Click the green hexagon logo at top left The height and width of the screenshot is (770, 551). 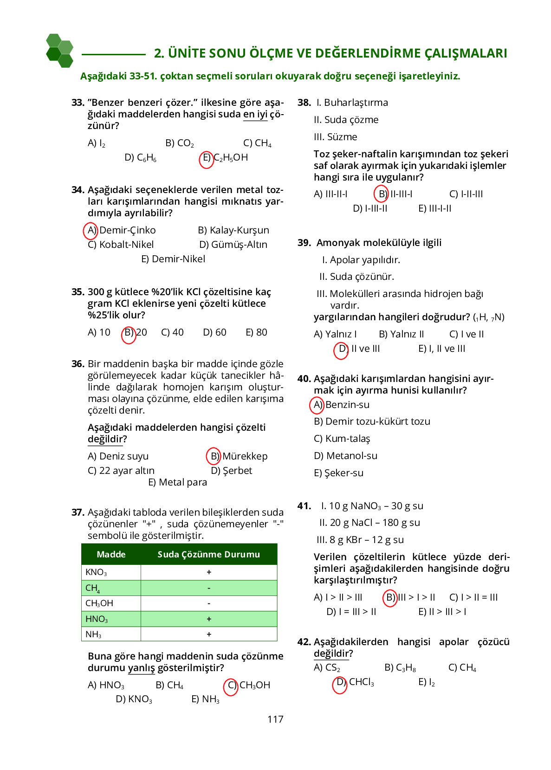point(60,51)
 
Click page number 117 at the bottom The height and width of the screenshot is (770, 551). point(275,719)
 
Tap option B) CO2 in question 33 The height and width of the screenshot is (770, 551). point(180,143)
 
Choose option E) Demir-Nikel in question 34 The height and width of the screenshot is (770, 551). point(173,259)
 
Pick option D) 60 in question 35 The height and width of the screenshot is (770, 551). point(214,332)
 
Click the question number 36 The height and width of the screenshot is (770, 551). point(78,364)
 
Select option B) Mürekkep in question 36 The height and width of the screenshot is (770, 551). point(238,456)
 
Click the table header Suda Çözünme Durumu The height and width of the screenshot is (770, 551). point(208,554)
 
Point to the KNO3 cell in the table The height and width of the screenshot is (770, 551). point(97,572)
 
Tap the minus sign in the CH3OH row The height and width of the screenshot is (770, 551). point(209,603)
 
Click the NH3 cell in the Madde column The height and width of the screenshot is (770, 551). point(93,634)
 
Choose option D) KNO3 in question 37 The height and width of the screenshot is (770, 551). point(134,699)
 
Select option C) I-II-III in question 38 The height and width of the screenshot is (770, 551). point(466,194)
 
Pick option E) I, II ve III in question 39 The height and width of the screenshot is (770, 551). point(441,349)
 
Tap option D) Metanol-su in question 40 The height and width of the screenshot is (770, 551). point(345,456)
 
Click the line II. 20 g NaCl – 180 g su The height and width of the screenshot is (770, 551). point(369,523)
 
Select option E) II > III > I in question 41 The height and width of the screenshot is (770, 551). point(442,612)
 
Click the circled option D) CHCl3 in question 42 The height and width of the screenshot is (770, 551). point(355,682)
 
